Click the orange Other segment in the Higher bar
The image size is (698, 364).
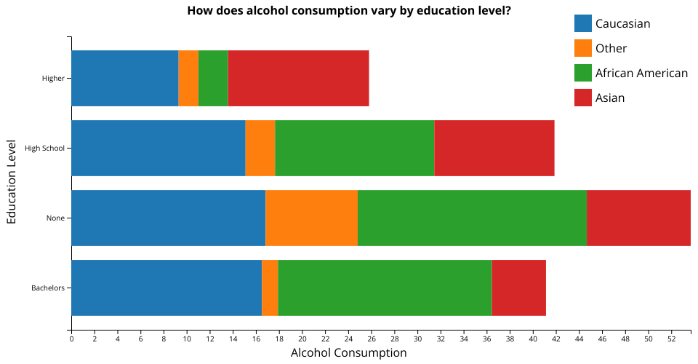coord(188,79)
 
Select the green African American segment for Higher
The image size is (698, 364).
coord(213,79)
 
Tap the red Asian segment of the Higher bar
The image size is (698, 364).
coord(298,79)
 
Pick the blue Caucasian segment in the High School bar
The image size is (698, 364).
coord(158,149)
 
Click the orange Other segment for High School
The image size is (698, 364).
coord(260,149)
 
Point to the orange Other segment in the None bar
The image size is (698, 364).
coord(311,218)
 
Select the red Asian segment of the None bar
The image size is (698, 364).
coord(638,218)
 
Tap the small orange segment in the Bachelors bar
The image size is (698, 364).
coord(270,288)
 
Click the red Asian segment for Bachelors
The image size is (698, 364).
coord(518,288)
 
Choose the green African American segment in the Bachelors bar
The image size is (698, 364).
coord(385,288)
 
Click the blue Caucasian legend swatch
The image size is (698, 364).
coord(582,24)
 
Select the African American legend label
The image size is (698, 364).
coord(641,73)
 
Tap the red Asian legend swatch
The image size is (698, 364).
coord(582,98)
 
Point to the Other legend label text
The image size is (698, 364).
coord(611,49)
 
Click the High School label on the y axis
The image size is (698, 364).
coord(44,149)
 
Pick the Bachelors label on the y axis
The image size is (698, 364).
coord(48,288)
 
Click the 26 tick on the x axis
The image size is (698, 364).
coord(372,339)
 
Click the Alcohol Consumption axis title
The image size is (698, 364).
coord(348,353)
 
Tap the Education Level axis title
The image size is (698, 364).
coord(12,183)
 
